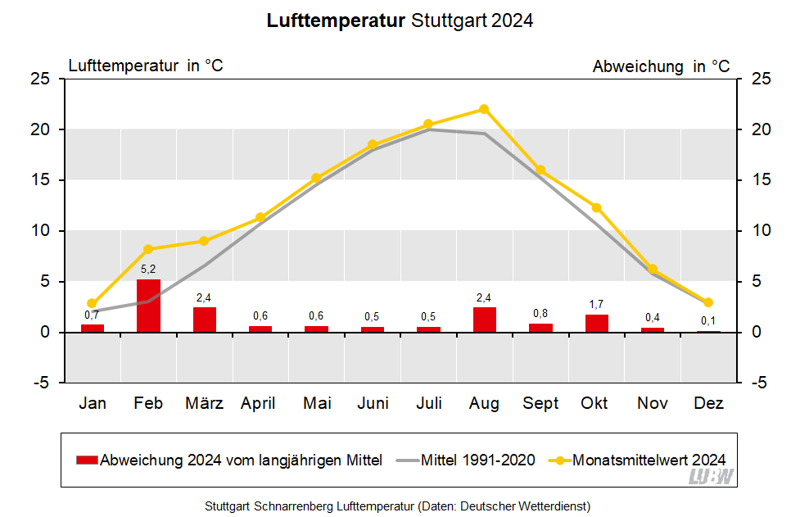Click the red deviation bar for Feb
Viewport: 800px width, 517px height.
[x=148, y=306]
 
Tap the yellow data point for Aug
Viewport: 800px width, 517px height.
[x=484, y=109]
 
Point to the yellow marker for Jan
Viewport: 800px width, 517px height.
[x=92, y=303]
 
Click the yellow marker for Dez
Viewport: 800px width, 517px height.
[x=708, y=302]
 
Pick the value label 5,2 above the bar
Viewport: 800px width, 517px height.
[x=148, y=269]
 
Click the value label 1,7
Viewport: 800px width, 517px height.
[x=597, y=304]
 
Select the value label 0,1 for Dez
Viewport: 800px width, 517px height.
[x=708, y=320]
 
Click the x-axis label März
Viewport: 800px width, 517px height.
[x=204, y=403]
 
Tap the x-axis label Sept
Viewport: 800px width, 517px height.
[x=540, y=403]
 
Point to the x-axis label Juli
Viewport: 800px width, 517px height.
[x=429, y=403]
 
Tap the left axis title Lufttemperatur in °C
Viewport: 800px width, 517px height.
[x=146, y=66]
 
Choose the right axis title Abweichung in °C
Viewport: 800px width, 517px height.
[x=661, y=66]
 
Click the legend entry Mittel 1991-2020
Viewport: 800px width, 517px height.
[x=477, y=460]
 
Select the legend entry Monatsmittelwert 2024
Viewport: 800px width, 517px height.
[x=649, y=460]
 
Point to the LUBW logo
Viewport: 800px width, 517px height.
[x=711, y=477]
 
